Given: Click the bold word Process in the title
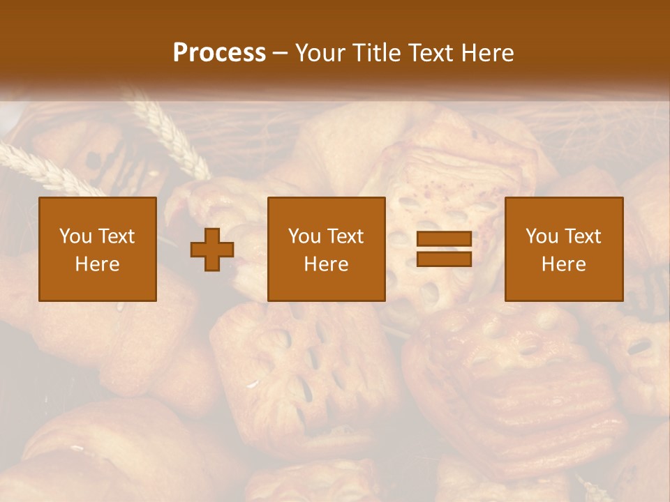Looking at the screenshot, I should [219, 53].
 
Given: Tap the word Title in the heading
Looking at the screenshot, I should [377, 53].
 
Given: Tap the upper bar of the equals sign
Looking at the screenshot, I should [444, 239].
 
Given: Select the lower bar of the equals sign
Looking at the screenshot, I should [444, 259].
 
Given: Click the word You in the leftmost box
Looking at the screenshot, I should [74, 236].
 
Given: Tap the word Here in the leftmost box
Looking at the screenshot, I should [98, 264].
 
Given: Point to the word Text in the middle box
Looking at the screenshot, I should [345, 236].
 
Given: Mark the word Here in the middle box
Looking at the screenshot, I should [327, 264].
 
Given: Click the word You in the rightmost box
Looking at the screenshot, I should [541, 236].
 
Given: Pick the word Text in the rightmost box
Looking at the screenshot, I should [583, 236].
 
